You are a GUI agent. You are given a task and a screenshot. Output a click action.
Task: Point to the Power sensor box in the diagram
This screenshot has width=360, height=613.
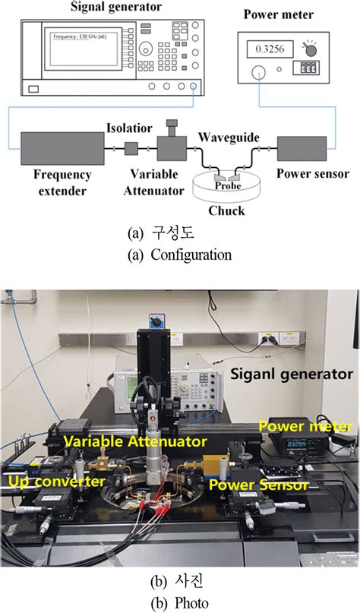point(302,147)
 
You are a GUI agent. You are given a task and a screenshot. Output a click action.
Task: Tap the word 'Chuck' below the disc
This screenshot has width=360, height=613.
point(227,210)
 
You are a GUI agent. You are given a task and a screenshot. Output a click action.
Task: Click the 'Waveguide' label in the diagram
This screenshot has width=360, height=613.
point(229,137)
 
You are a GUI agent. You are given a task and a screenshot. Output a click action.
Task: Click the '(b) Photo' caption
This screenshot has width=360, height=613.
point(180,604)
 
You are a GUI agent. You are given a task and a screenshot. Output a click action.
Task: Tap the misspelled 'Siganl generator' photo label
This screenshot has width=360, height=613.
point(292,374)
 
